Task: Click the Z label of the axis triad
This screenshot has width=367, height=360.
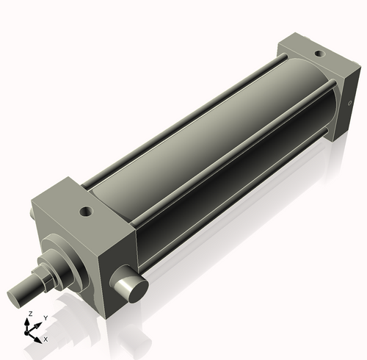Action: tap(29, 314)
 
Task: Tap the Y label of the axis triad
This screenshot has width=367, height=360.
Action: tap(45, 317)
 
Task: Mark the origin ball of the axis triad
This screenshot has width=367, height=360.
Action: tap(31, 332)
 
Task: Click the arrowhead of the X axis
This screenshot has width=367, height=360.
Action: tap(39, 339)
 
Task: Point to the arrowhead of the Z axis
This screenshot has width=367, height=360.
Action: tap(30, 321)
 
